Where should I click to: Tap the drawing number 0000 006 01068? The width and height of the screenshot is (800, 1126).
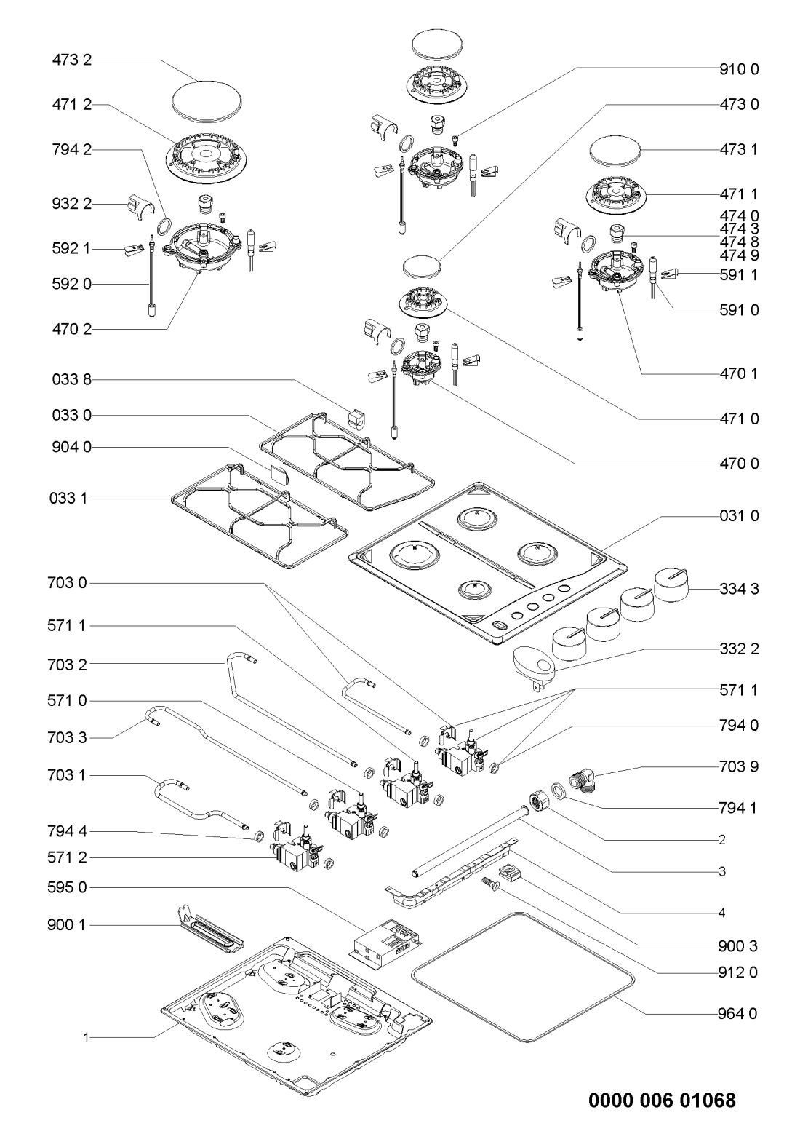tap(662, 1099)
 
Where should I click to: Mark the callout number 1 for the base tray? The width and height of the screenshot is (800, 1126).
tap(86, 1036)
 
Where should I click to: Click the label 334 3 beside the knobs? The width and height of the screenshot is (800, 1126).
tap(744, 590)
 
